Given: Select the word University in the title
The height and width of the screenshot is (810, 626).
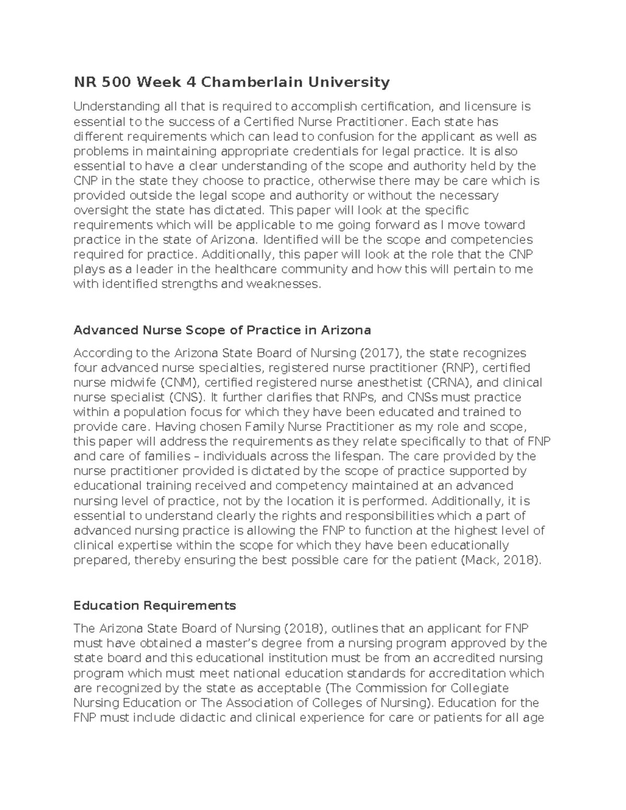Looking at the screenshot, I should pyautogui.click(x=346, y=82).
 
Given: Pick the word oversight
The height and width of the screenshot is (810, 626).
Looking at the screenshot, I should pyautogui.click(x=99, y=210).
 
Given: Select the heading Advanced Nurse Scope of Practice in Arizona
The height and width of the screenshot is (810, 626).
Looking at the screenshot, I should pyautogui.click(x=222, y=330).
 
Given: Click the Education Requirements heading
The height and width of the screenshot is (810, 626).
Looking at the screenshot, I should pyautogui.click(x=155, y=606).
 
